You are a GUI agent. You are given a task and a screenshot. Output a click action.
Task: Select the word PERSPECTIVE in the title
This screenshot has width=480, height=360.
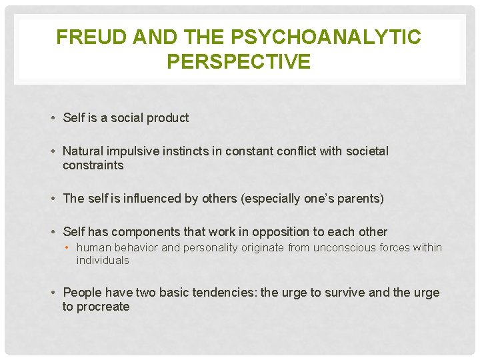coord(239,62)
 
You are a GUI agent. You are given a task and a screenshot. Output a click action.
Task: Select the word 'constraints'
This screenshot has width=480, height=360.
coord(93,165)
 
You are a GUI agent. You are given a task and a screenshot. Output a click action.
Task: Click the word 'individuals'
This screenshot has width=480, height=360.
coord(103,260)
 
